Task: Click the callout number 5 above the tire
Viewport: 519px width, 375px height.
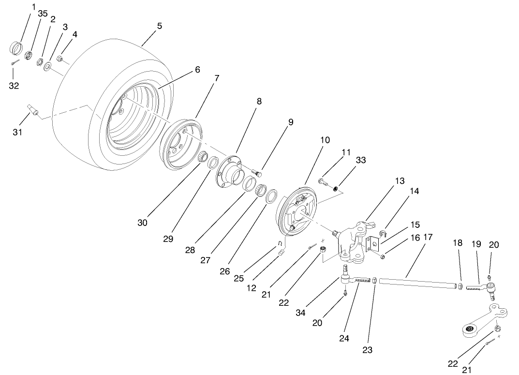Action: pyautogui.click(x=159, y=25)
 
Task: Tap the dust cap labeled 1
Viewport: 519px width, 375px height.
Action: pyautogui.click(x=17, y=48)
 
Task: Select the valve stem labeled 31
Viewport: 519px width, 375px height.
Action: pyautogui.click(x=34, y=109)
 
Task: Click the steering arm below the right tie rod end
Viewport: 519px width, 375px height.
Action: pyautogui.click(x=481, y=321)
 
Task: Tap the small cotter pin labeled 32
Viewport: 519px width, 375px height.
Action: pyautogui.click(x=15, y=62)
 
